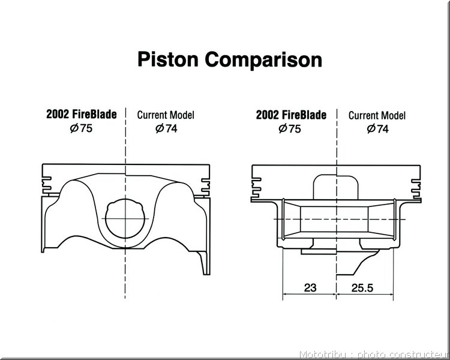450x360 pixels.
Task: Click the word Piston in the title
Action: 168,59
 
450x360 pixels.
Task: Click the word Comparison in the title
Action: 263,59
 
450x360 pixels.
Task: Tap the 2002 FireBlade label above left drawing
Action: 82,114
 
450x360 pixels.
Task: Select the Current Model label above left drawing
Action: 166,115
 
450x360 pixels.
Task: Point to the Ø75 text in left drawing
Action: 81,128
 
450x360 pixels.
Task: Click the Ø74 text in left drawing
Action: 166,128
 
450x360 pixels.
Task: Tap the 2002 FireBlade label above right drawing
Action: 291,115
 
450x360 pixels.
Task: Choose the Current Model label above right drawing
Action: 377,115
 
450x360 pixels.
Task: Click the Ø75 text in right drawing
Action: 290,128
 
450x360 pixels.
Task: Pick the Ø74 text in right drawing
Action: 377,128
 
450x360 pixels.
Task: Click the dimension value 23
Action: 310,287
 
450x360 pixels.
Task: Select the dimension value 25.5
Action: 362,287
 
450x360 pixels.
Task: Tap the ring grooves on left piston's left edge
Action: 47,185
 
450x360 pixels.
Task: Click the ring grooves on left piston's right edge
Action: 205,187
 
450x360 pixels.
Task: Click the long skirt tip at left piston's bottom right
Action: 205,263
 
